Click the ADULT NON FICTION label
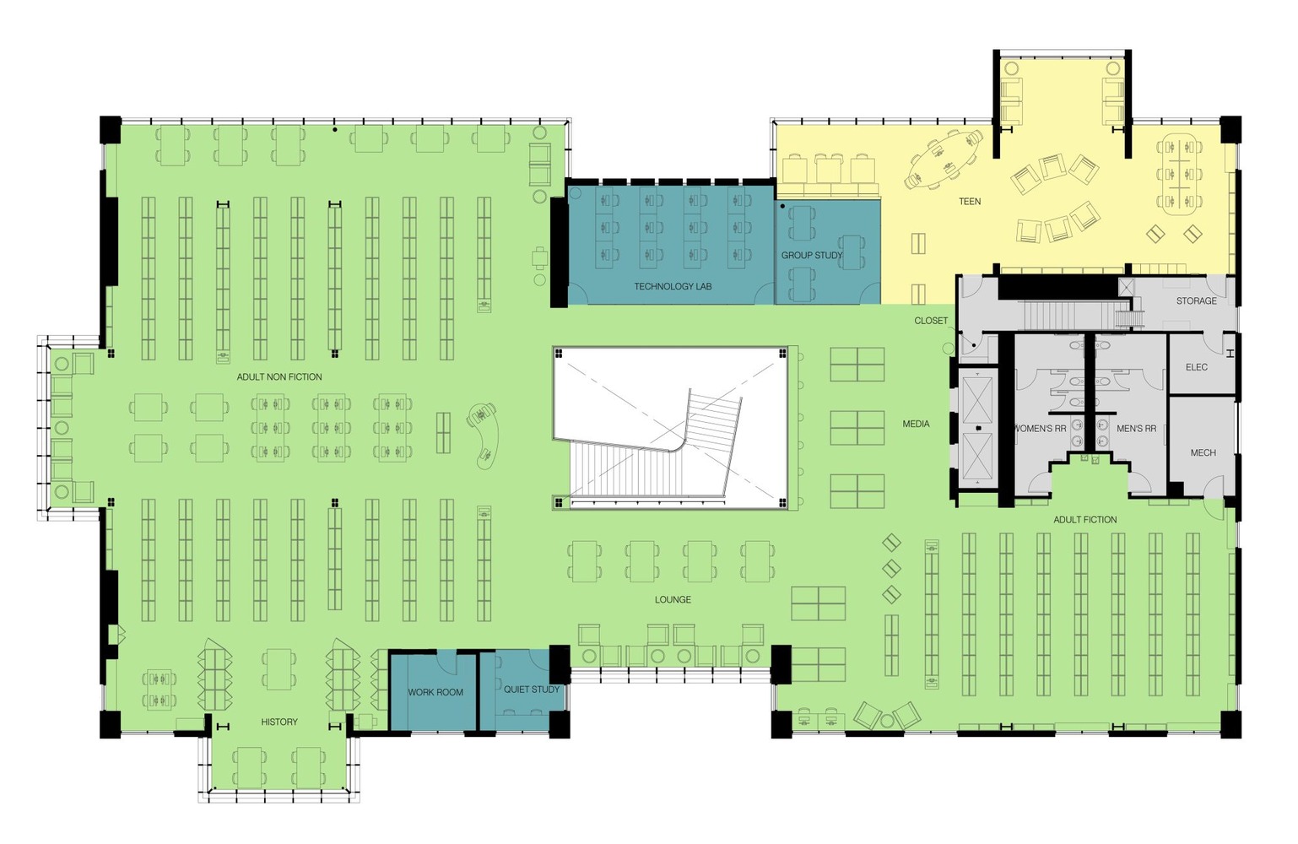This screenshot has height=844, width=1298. pos(279,376)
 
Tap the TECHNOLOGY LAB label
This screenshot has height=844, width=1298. pos(673,286)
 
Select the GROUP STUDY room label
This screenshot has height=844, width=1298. pos(812,255)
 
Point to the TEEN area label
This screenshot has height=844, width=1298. pos(970,201)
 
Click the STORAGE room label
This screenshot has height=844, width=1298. pos(1197,300)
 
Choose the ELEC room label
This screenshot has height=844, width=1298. pos(1197,367)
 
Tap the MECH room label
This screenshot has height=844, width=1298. pos(1203,452)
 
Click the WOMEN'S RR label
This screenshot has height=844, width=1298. pos(1041,429)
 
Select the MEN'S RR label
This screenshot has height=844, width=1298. pos(1136,429)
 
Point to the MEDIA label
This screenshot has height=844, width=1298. pos(917,425)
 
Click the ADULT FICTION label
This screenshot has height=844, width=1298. pos(1084,520)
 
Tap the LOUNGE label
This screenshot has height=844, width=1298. pos(673,599)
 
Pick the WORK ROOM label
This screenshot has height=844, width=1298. pos(435,692)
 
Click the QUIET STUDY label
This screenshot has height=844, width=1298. pos(532,690)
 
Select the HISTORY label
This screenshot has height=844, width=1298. pos(279,722)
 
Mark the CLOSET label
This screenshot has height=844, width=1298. pos(931,321)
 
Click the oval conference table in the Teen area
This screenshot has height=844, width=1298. pos(944,160)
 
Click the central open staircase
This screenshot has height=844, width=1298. pos(671,428)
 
